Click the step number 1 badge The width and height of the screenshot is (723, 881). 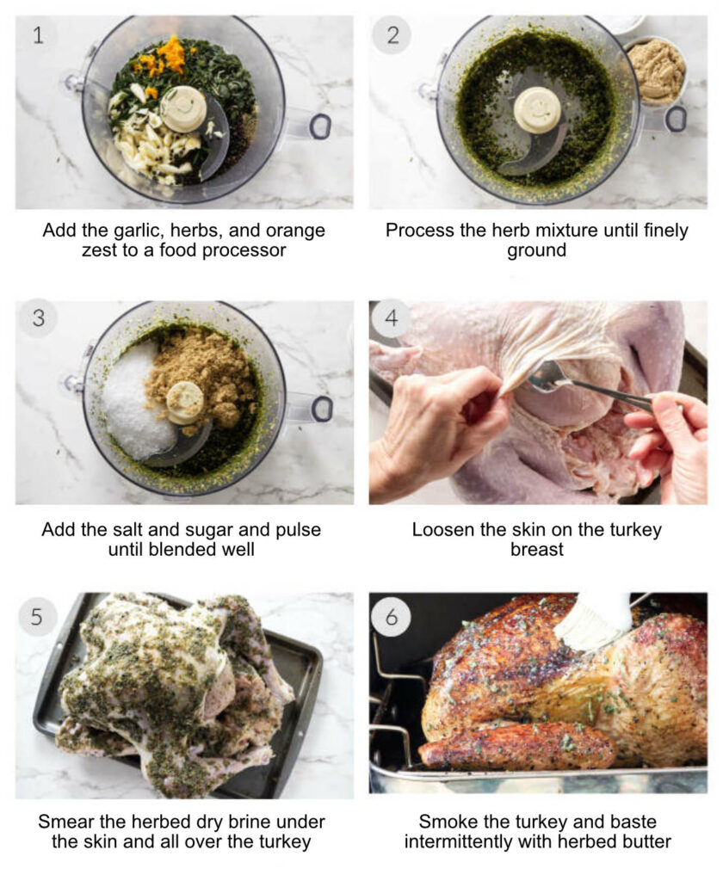[38, 36]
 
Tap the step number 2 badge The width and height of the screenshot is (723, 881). [392, 36]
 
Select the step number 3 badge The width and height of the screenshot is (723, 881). [38, 318]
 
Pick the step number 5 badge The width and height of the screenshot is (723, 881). [38, 616]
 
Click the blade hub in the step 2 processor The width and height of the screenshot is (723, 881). [537, 109]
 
